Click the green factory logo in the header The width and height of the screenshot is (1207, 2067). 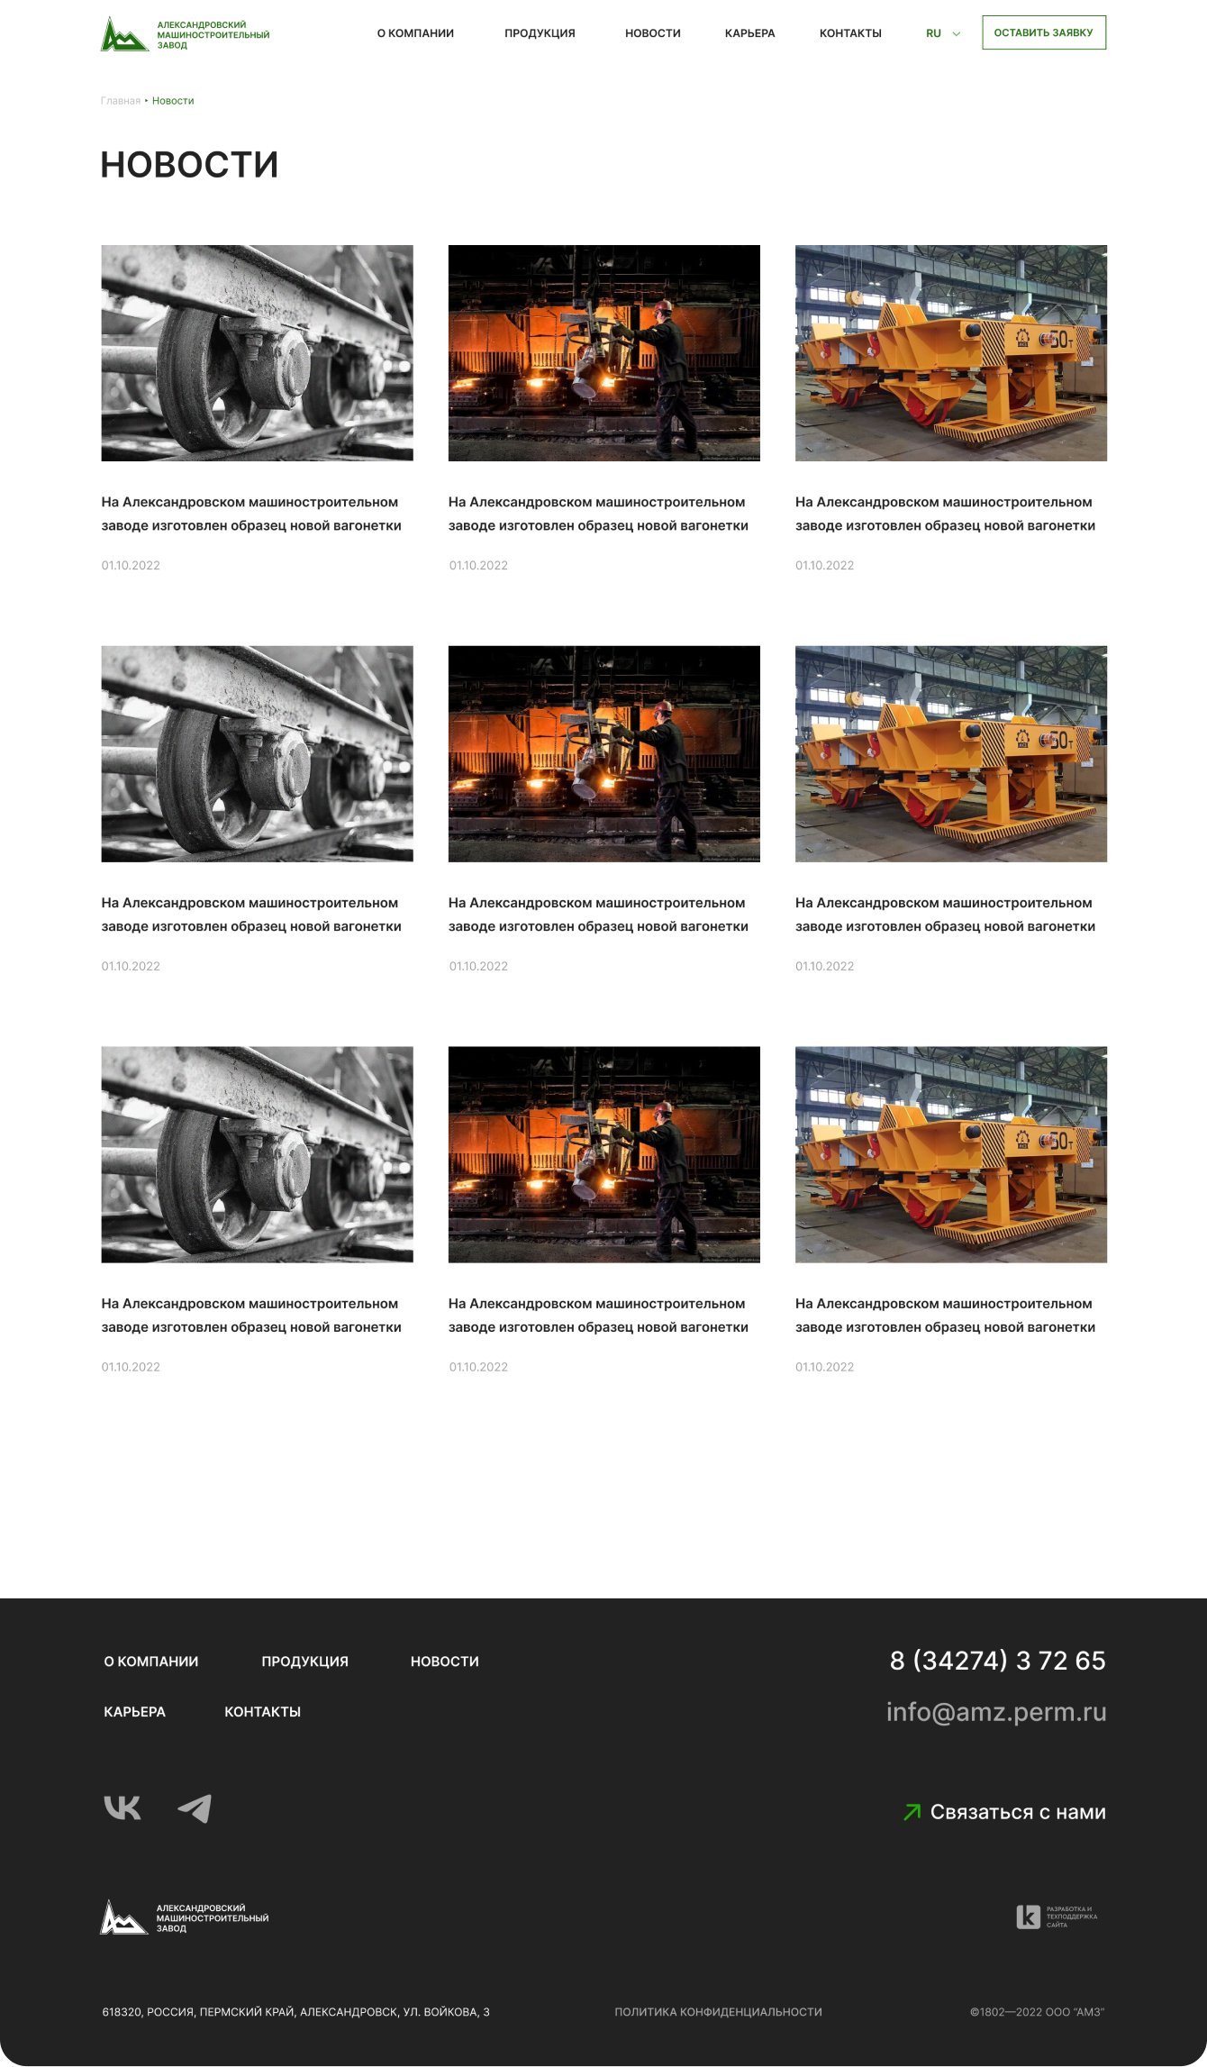click(185, 34)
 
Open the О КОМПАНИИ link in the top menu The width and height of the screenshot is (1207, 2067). click(415, 33)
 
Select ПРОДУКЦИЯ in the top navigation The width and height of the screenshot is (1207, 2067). click(540, 33)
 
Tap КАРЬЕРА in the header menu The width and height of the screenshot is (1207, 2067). click(749, 33)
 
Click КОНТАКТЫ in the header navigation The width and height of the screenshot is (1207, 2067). click(850, 33)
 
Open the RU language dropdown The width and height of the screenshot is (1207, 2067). click(943, 33)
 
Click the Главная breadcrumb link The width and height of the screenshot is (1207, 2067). click(121, 101)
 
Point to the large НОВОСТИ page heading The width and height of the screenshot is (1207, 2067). click(189, 165)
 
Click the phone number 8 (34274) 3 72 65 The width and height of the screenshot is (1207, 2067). click(997, 1660)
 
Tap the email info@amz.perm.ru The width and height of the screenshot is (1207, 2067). click(996, 1711)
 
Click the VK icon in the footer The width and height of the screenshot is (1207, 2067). click(123, 1807)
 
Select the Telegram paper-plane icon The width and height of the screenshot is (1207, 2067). click(195, 1807)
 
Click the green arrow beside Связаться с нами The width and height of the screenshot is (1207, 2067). click(912, 1811)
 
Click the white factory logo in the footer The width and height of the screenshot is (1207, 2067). click(185, 1917)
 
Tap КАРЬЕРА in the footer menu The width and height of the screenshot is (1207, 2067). click(135, 1711)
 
